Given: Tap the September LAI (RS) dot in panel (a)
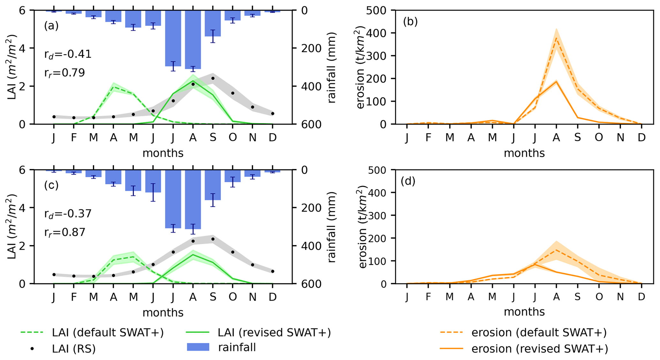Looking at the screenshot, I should coord(213,78).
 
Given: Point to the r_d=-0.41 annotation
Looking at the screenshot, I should coord(68,54).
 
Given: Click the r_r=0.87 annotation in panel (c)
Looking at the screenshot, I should coord(64,232).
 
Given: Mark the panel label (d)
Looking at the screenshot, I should coord(408,181).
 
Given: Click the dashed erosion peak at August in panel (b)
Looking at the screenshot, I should coord(556,38).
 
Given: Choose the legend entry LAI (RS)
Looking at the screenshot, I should coord(73,349).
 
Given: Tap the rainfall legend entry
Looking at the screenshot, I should coord(237,347).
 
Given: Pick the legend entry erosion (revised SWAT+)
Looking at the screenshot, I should coord(540,349).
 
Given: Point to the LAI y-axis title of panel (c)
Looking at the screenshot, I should coord(12,227).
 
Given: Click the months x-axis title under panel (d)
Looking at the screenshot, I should coord(524,312).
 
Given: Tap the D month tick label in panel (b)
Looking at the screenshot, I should coord(641,137).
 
